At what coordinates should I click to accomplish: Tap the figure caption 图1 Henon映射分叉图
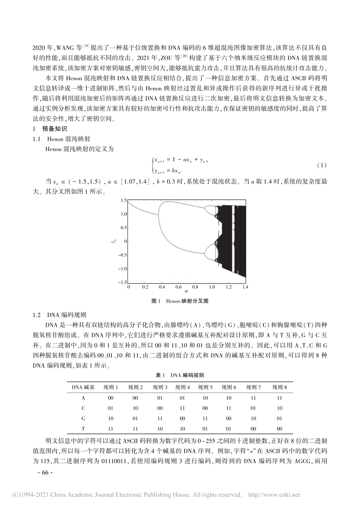[180, 301]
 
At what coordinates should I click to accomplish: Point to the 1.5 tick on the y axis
[123, 200]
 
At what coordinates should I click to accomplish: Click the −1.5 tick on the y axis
[121, 283]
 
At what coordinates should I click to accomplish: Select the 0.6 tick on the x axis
[178, 287]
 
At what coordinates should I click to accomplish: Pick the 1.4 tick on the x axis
[245, 287]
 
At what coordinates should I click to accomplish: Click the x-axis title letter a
[186, 292]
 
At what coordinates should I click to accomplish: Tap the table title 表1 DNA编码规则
[180, 375]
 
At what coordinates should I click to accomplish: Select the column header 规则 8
[280, 387]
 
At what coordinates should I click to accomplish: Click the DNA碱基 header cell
[83, 387]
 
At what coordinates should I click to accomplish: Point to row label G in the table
[83, 418]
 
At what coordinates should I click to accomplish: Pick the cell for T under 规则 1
[111, 429]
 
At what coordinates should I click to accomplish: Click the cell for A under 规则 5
[205, 398]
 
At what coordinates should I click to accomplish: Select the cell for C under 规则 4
[182, 408]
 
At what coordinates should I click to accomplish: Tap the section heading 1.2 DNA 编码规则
[59, 315]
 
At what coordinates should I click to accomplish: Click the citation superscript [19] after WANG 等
[86, 46]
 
